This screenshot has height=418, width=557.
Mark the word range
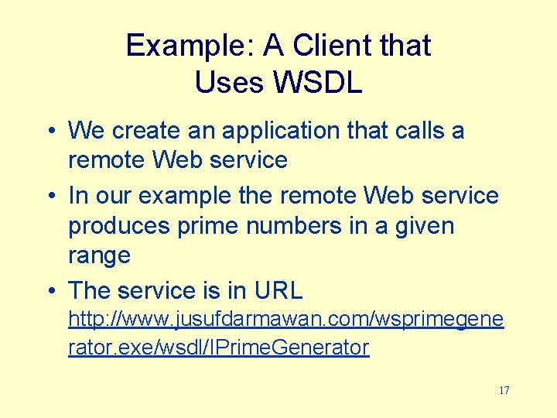pyautogui.click(x=99, y=256)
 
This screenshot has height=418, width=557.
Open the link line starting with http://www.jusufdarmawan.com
pyautogui.click(x=286, y=319)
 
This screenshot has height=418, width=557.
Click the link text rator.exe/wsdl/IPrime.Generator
pyautogui.click(x=218, y=348)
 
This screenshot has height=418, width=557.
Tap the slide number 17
pyautogui.click(x=504, y=390)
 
